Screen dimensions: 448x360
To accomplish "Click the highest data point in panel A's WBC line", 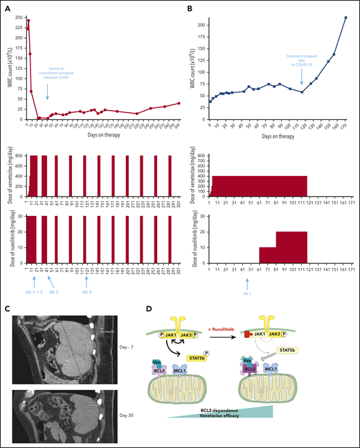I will pyautogui.click(x=28, y=21).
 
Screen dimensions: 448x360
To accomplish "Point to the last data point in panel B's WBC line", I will pyautogui.click(x=345, y=17).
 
